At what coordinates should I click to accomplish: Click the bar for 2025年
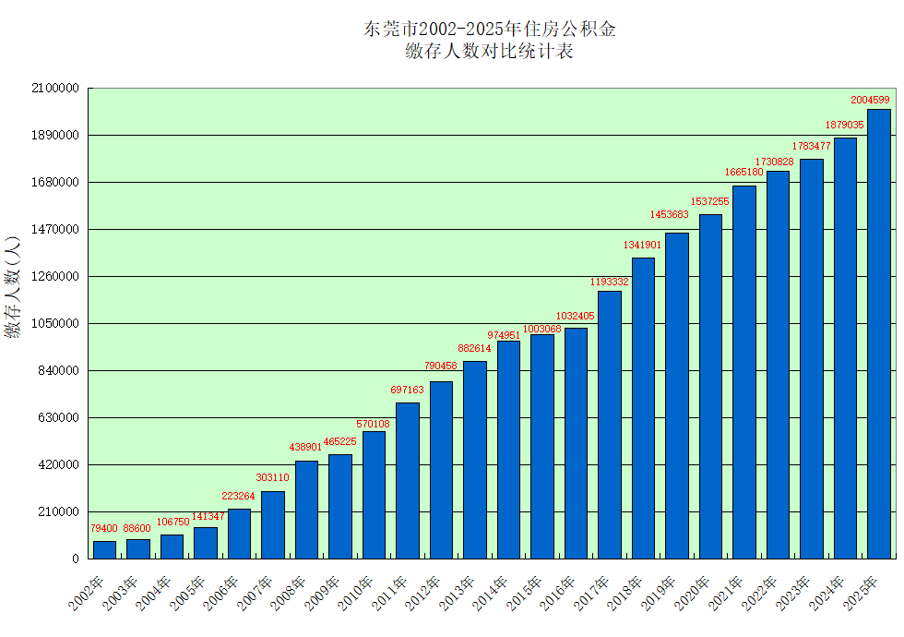pyautogui.click(x=878, y=334)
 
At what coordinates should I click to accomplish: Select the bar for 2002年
pyautogui.click(x=105, y=549)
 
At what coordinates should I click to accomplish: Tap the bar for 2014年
pyautogui.click(x=508, y=450)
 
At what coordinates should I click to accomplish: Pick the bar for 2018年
pyautogui.click(x=643, y=408)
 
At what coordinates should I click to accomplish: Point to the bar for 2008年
pyautogui.click(x=306, y=510)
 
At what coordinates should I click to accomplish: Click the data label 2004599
pyautogui.click(x=870, y=100)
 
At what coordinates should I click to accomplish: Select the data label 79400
pyautogui.click(x=103, y=528)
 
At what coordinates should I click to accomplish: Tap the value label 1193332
pyautogui.click(x=610, y=282)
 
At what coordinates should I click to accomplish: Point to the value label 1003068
pyautogui.click(x=541, y=329)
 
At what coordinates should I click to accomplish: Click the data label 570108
pyautogui.click(x=374, y=424)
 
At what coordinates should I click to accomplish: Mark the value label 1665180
pyautogui.click(x=743, y=173)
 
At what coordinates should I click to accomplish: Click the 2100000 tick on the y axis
pyautogui.click(x=54, y=89)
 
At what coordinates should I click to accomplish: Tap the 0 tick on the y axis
pyautogui.click(x=76, y=559)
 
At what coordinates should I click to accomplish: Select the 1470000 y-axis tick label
pyautogui.click(x=54, y=230)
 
